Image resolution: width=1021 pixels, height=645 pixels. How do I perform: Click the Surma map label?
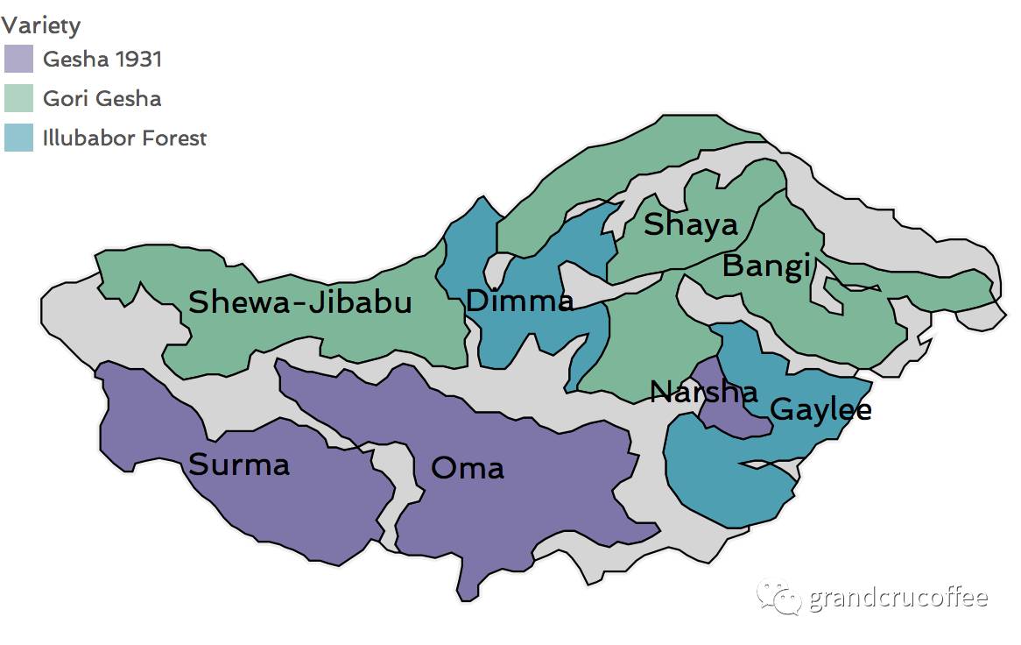point(239,464)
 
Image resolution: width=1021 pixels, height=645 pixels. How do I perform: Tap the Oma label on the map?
point(468,468)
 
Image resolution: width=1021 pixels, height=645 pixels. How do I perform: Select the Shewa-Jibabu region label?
point(300,302)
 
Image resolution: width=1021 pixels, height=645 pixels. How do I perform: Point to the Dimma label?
point(519,301)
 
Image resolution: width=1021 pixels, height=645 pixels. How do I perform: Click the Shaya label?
point(691,225)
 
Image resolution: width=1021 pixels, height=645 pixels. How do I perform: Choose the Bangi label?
point(766,266)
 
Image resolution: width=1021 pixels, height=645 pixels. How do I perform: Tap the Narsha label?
point(703,392)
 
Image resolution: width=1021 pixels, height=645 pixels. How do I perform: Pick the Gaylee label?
point(820,408)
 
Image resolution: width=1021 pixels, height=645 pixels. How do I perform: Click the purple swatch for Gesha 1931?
point(18,59)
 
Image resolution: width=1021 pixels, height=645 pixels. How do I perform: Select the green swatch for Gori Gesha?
point(18,98)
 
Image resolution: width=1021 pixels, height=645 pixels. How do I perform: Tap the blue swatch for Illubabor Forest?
point(18,138)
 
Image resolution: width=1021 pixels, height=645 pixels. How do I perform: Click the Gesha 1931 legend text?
point(102,60)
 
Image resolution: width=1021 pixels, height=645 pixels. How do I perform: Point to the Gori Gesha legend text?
point(102,98)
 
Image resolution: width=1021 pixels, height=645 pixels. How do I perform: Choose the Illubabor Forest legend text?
point(124,138)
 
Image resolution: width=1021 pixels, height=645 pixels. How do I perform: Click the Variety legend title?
point(41,25)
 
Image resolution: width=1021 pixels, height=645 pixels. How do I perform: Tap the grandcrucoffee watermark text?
point(898,599)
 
